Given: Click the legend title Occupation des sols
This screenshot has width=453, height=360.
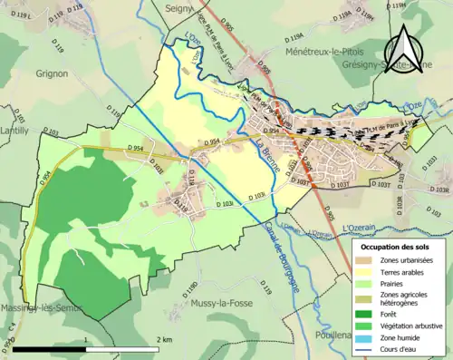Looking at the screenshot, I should [x=397, y=247].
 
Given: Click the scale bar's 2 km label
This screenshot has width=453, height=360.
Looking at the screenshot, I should [x=164, y=338].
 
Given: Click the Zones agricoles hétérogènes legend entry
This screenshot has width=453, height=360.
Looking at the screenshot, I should [x=404, y=298].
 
